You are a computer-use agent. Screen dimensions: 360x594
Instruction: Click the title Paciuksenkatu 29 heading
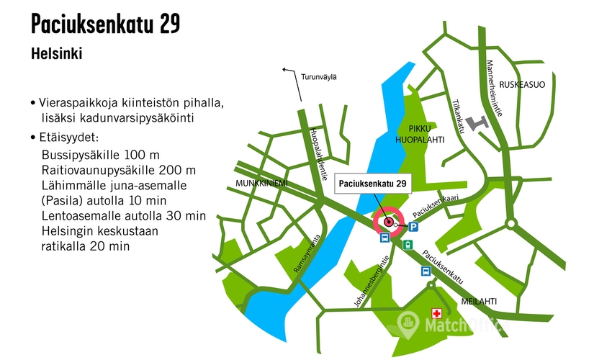pyautogui.click(x=105, y=24)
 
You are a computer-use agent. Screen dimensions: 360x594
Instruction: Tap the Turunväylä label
pyautogui.click(x=319, y=76)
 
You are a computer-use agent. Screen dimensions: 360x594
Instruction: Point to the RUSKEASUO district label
pyautogui.click(x=523, y=84)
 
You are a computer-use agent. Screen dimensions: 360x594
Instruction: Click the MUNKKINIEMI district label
pyautogui.click(x=261, y=184)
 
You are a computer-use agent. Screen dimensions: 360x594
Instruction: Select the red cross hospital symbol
pyautogui.click(x=436, y=313)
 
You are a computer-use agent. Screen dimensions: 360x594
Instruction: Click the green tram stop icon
pyautogui.click(x=408, y=245)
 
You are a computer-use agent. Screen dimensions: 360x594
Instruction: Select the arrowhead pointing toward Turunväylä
pyautogui.click(x=285, y=70)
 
